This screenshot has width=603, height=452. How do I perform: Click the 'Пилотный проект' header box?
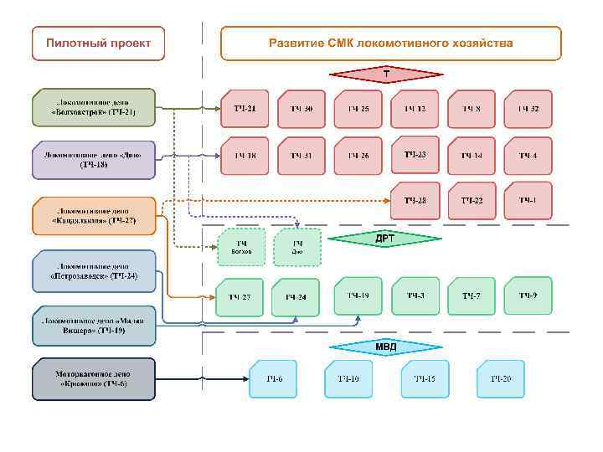[x=99, y=43]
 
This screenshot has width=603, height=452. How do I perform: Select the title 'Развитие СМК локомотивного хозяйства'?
[x=390, y=43]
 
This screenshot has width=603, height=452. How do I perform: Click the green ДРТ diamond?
[x=384, y=239]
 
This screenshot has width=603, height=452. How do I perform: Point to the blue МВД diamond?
[x=385, y=347]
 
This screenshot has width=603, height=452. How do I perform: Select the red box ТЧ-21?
[x=245, y=109]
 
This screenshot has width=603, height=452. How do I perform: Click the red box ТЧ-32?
[x=528, y=109]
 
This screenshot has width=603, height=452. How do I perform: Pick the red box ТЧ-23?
[x=415, y=155]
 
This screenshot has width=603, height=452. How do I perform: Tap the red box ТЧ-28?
[x=415, y=201]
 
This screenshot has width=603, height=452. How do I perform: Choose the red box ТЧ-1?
[x=528, y=200]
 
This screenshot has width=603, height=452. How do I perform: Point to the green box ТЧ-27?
[x=240, y=297]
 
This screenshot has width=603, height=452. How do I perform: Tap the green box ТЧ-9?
[x=528, y=295]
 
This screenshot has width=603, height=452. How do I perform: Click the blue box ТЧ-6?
[x=274, y=379]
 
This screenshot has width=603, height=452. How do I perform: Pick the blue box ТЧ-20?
[x=501, y=379]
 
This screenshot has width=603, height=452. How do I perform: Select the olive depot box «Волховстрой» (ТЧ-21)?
[x=94, y=108]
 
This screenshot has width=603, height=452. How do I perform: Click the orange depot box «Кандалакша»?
[x=94, y=216]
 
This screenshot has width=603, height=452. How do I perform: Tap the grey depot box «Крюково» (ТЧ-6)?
[x=94, y=379]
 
